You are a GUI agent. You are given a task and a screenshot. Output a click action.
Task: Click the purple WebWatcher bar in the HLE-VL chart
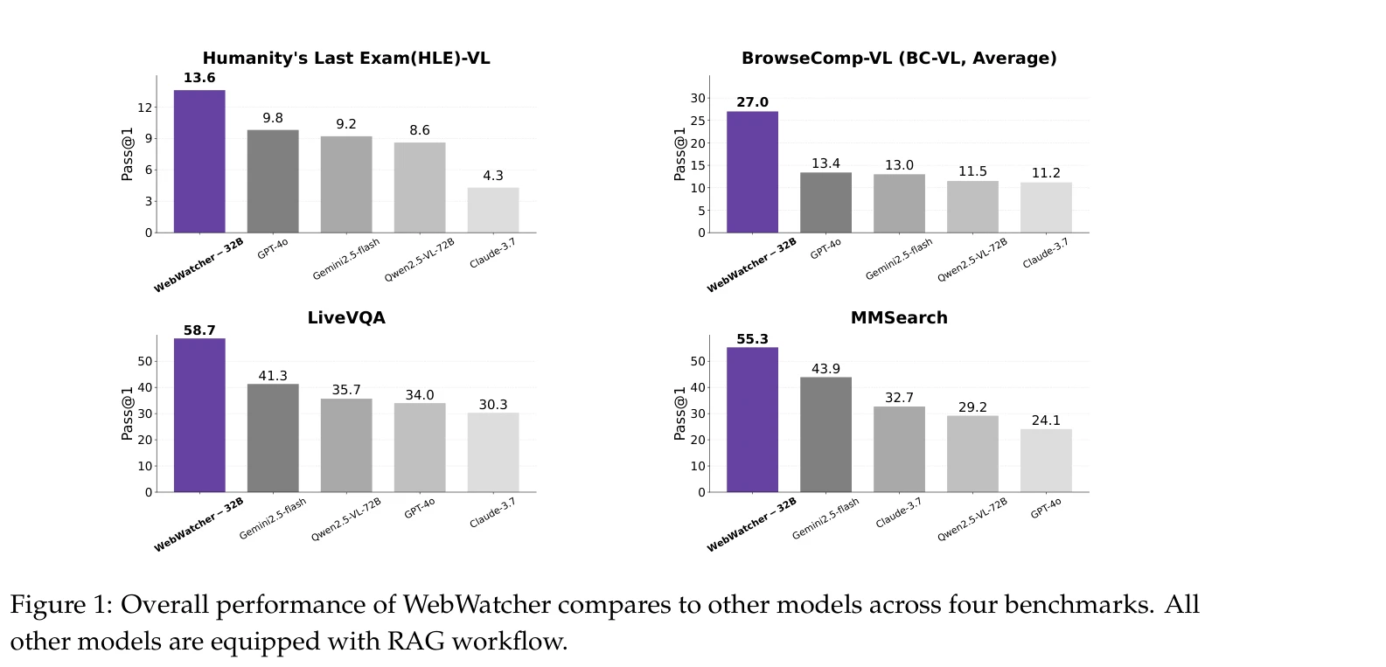(199, 162)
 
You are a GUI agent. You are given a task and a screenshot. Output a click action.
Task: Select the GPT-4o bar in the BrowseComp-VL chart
(825, 203)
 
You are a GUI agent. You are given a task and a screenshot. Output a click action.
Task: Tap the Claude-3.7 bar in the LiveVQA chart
(493, 453)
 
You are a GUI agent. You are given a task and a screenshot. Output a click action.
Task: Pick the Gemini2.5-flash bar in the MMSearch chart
(825, 434)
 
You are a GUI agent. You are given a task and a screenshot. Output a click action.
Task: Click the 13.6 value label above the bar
(199, 78)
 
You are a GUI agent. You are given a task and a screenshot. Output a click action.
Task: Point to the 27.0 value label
(752, 102)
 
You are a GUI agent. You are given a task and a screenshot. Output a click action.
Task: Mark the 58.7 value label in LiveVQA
(199, 330)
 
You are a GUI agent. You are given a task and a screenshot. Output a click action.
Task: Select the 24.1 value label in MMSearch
(1046, 420)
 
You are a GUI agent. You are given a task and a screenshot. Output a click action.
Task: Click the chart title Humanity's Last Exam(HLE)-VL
(346, 59)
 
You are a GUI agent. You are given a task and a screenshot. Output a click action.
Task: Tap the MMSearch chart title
(899, 318)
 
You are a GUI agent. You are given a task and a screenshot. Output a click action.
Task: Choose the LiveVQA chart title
(346, 318)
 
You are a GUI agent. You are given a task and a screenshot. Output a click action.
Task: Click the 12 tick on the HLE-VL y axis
(144, 108)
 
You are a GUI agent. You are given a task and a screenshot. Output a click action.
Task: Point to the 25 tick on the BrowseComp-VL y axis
(697, 121)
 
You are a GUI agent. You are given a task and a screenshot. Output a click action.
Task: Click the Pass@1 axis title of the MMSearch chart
(680, 413)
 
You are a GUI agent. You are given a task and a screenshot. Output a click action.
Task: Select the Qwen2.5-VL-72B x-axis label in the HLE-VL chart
(420, 261)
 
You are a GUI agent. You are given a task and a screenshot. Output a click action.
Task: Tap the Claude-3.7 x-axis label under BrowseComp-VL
(1045, 254)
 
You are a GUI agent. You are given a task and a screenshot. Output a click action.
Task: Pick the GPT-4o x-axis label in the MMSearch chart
(1045, 508)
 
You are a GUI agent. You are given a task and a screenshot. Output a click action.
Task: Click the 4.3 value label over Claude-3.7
(493, 176)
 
